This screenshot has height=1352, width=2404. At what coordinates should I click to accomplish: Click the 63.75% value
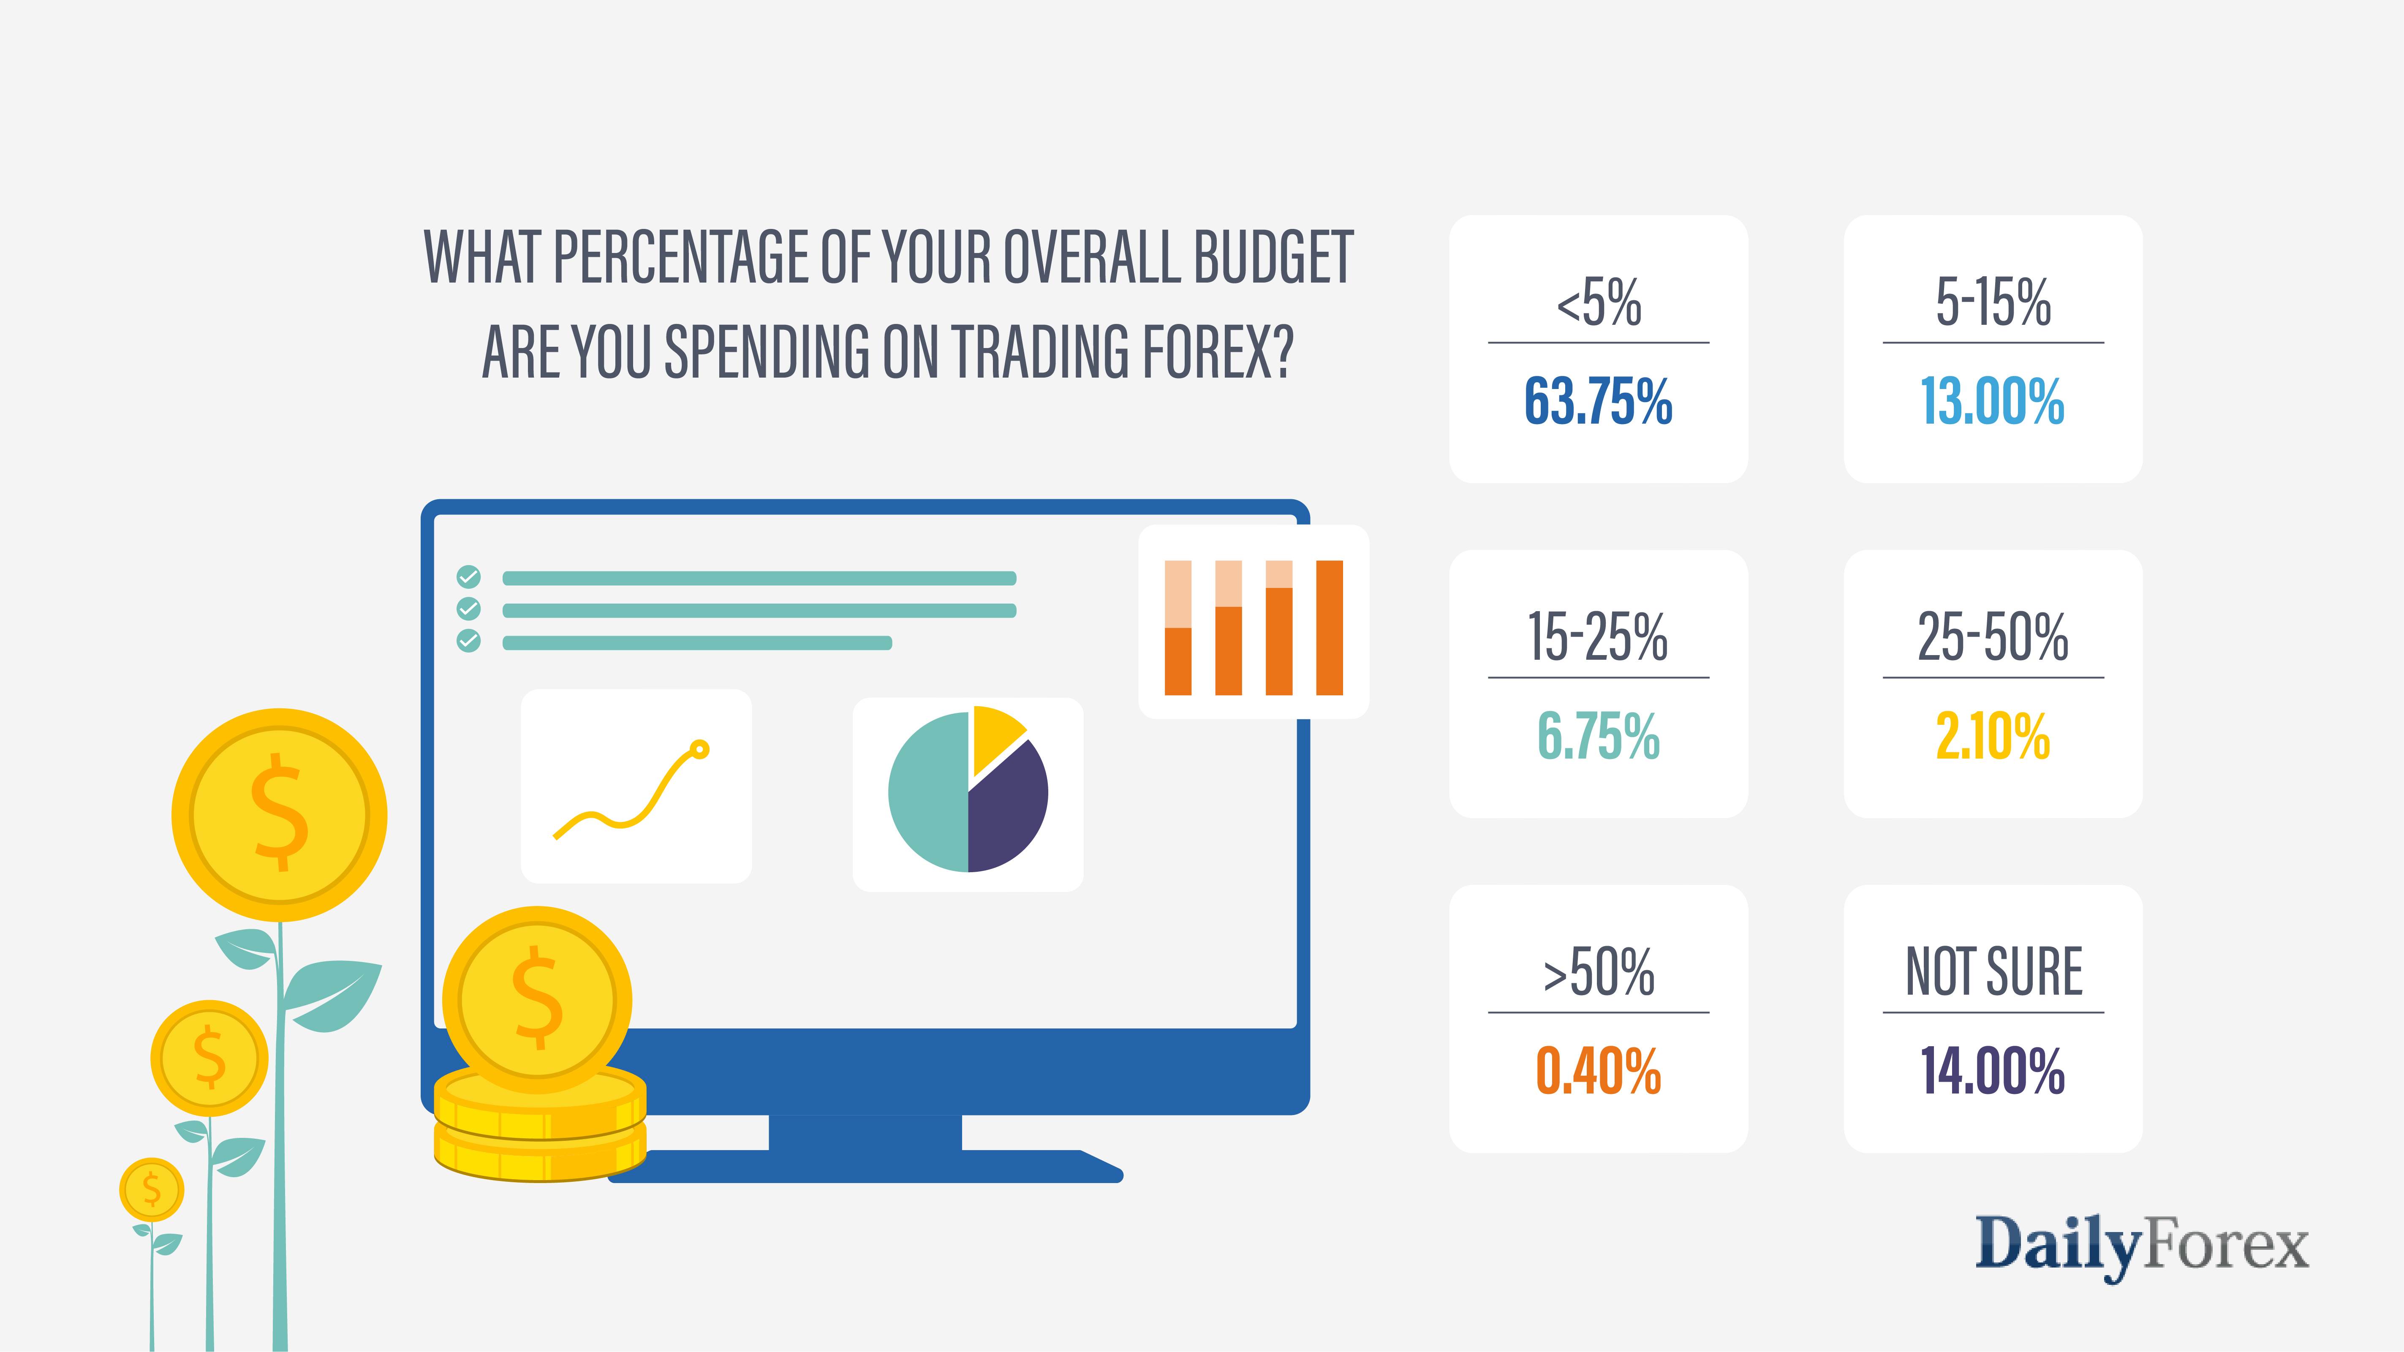pyautogui.click(x=1598, y=402)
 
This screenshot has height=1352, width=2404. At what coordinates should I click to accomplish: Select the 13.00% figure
pyautogui.click(x=1993, y=402)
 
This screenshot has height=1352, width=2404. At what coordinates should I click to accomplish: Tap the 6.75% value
pyautogui.click(x=1598, y=736)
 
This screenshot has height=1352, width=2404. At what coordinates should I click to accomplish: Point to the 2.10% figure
pyautogui.click(x=1993, y=736)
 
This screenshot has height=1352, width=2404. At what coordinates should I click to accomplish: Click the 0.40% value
pyautogui.click(x=1598, y=1071)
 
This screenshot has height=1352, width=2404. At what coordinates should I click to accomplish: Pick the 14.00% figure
pyautogui.click(x=1993, y=1071)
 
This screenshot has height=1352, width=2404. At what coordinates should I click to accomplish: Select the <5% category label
pyautogui.click(x=1598, y=302)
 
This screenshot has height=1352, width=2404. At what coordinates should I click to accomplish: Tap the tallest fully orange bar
pyautogui.click(x=1329, y=628)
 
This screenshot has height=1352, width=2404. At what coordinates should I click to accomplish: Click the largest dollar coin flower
pyautogui.click(x=279, y=815)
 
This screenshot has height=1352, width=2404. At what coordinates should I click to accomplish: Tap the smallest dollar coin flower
pyautogui.click(x=151, y=1190)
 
